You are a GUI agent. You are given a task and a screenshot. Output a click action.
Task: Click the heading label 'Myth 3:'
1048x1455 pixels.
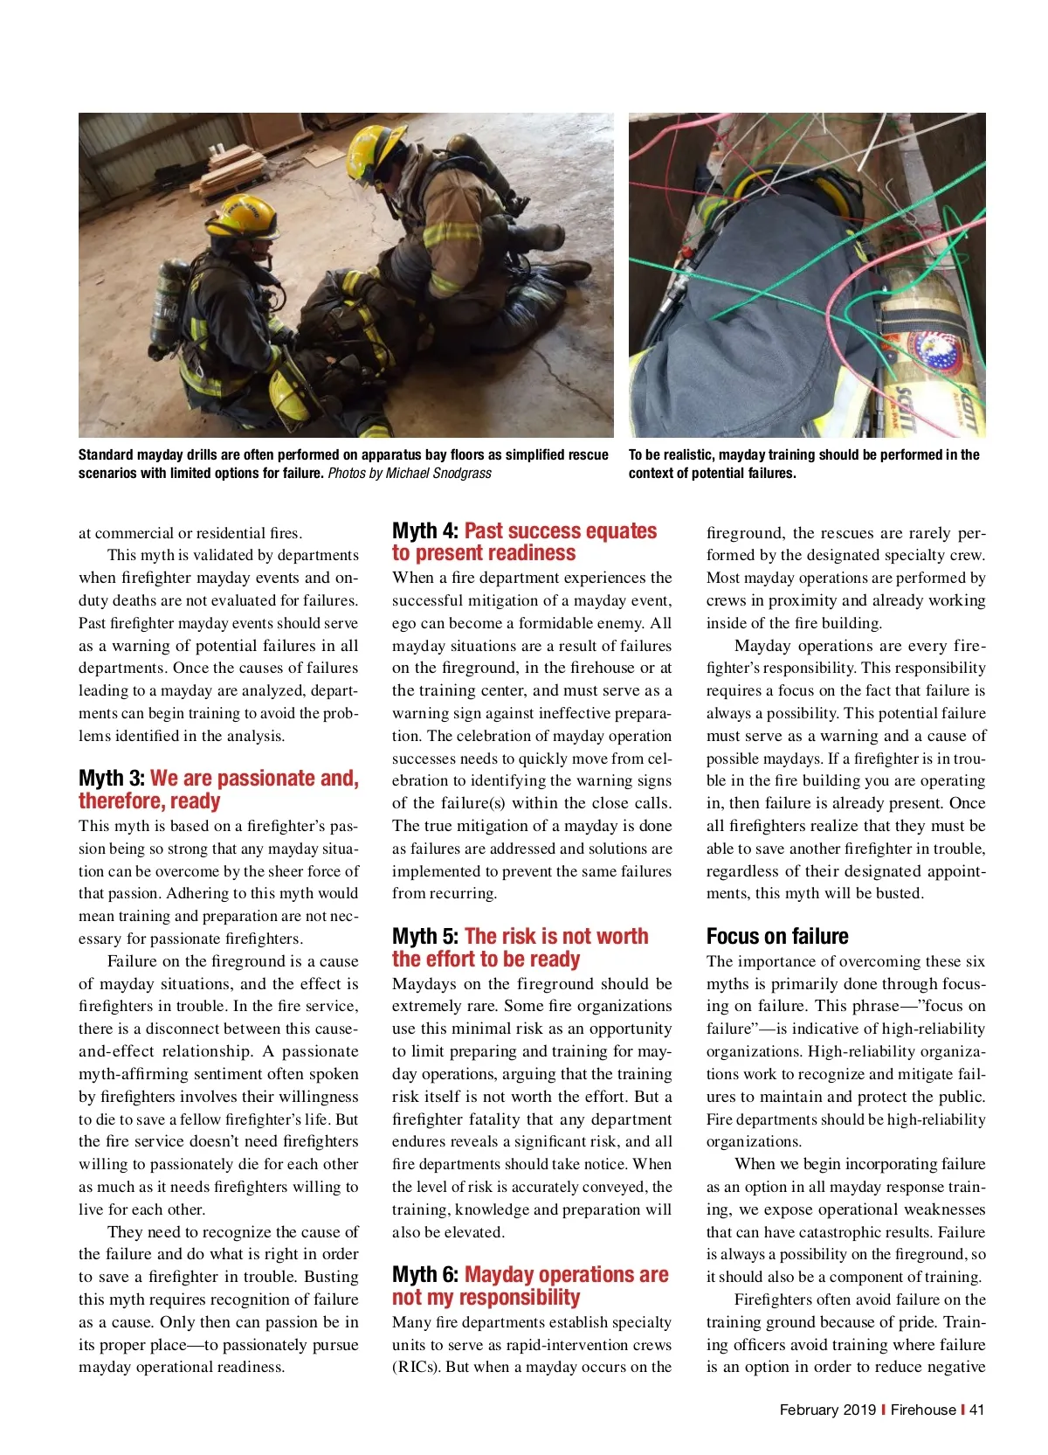[112, 779]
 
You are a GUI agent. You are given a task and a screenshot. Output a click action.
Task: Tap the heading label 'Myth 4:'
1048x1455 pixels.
[425, 531]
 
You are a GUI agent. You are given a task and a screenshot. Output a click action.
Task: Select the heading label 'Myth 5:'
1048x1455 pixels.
[425, 937]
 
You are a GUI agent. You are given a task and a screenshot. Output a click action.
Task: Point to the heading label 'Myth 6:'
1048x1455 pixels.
[425, 1275]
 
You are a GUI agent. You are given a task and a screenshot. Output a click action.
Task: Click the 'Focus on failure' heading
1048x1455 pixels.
[777, 937]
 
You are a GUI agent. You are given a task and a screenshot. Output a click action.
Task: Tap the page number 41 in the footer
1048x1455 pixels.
[976, 1410]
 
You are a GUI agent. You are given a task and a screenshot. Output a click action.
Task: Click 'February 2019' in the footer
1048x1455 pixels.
[827, 1410]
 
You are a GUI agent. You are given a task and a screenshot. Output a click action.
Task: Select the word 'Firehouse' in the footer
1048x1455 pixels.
[923, 1410]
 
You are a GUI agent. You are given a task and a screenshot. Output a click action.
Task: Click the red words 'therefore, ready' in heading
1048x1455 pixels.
[149, 801]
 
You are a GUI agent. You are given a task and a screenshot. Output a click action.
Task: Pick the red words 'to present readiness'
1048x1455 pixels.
[484, 553]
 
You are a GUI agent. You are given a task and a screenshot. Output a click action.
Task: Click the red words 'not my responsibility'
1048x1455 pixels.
[486, 1298]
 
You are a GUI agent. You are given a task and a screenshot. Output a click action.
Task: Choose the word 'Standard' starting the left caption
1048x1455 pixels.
[106, 455]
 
